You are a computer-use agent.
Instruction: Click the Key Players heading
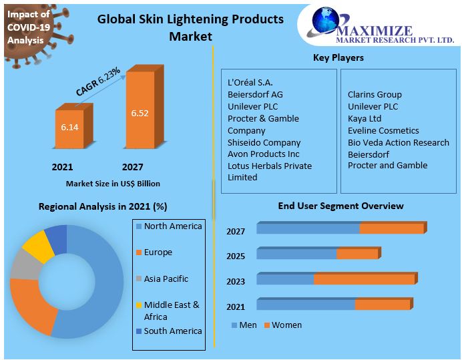click(x=338, y=58)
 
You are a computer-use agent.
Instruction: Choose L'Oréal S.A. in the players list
click(x=250, y=83)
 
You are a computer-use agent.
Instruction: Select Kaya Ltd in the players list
click(x=365, y=118)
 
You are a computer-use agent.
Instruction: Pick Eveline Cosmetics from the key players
click(x=383, y=130)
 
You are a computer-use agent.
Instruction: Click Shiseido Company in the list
click(x=264, y=142)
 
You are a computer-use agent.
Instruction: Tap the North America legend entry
click(x=172, y=226)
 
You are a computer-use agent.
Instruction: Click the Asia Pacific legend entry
click(x=166, y=279)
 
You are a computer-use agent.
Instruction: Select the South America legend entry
click(x=172, y=331)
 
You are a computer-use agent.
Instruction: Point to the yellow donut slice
click(x=37, y=246)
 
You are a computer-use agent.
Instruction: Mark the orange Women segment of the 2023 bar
click(x=364, y=279)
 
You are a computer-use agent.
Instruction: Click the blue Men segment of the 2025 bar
click(x=296, y=254)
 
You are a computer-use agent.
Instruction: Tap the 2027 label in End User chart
click(x=236, y=232)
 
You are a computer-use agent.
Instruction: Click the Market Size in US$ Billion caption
click(x=113, y=183)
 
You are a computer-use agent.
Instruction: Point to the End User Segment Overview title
click(x=340, y=206)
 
